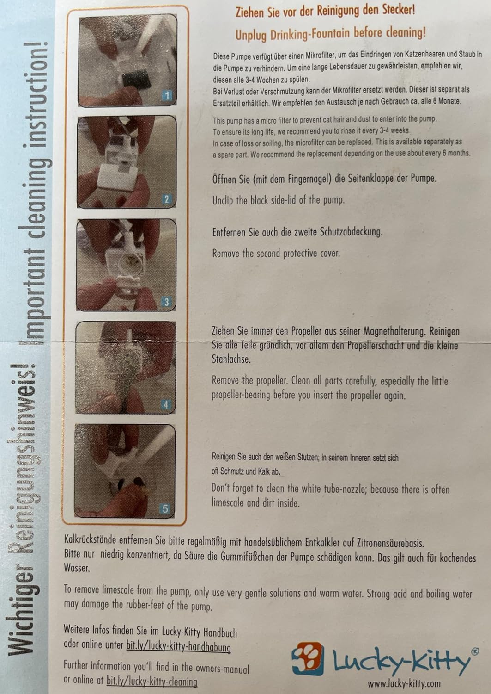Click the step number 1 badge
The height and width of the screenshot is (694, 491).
167,96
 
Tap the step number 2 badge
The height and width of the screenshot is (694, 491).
167,199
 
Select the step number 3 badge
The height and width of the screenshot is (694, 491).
167,302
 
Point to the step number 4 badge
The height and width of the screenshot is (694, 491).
166,405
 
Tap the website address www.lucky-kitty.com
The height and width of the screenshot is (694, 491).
404,683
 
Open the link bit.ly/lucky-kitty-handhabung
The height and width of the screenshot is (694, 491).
178,646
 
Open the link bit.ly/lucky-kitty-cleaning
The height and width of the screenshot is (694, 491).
152,681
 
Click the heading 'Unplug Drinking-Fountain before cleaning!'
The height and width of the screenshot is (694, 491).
330,33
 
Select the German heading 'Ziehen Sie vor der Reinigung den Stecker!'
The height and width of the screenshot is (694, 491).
325,11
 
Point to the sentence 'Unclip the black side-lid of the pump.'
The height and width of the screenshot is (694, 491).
278,200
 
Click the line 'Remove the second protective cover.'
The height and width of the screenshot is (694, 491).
276,253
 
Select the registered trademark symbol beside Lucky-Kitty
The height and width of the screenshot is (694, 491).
474,651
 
